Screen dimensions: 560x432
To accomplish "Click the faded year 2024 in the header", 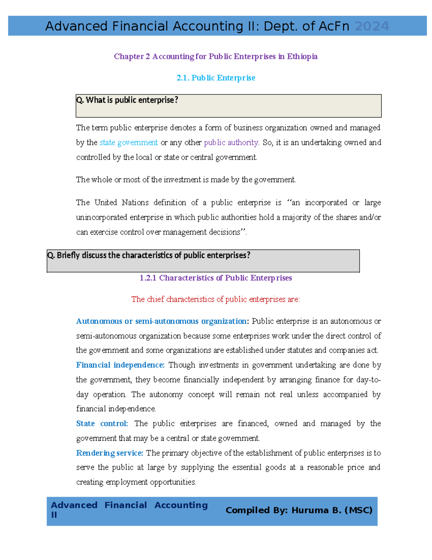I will (x=372, y=26).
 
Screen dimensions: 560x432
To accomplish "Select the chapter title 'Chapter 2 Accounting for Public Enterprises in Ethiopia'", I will (x=216, y=56).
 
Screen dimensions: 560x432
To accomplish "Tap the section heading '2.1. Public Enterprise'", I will (x=216, y=78).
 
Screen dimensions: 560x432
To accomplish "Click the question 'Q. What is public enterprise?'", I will (x=127, y=100).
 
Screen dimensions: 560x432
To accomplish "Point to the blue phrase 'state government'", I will (x=129, y=142).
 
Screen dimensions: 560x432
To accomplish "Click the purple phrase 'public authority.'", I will (x=231, y=142).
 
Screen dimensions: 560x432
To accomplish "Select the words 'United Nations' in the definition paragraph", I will (x=121, y=203).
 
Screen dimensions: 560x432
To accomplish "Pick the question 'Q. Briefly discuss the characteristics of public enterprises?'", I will (x=149, y=255).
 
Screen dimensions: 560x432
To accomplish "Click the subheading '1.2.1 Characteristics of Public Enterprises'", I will (x=215, y=278).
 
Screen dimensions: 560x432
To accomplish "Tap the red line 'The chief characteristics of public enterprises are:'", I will (x=215, y=299).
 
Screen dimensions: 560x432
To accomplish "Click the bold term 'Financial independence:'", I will (x=120, y=365).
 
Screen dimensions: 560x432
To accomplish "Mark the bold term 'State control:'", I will (x=102, y=424).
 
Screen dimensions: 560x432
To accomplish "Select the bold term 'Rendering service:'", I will (x=109, y=453).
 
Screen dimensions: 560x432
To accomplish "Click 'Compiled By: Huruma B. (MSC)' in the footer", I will (x=299, y=510).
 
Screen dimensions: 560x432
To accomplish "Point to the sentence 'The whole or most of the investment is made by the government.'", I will (x=186, y=180).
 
